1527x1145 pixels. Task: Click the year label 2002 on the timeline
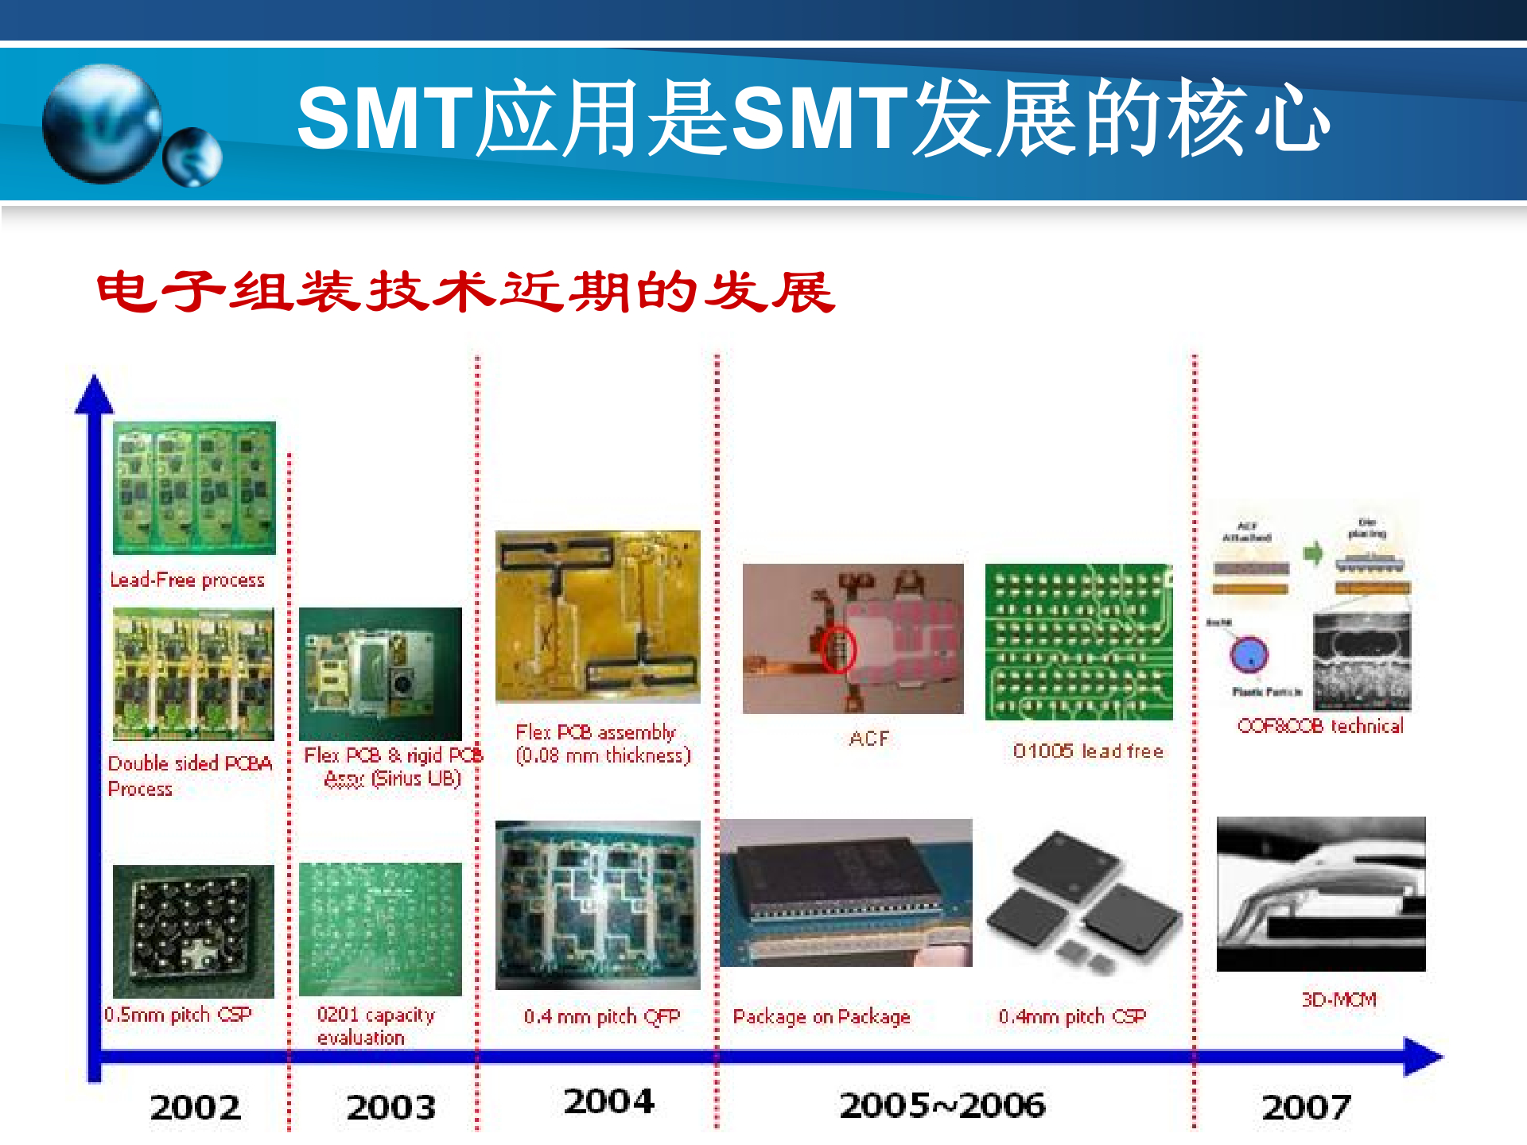[x=195, y=1107]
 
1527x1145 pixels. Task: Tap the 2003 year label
[x=390, y=1107]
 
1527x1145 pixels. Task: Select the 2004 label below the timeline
[x=608, y=1101]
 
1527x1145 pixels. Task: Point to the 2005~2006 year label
[x=942, y=1105]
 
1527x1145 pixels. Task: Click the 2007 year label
[x=1306, y=1107]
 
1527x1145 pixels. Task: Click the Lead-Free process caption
[x=187, y=580]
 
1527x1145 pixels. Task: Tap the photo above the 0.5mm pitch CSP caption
[x=193, y=931]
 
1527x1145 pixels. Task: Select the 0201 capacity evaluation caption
[x=375, y=1026]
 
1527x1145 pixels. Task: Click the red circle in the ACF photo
[x=837, y=649]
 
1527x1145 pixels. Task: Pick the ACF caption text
[x=868, y=739]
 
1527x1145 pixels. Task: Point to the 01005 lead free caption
[x=1087, y=751]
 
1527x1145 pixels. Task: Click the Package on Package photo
[x=845, y=892]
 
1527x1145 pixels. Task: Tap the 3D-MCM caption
[x=1339, y=999]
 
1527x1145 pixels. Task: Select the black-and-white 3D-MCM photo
[x=1321, y=894]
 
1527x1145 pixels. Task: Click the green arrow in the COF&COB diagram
[x=1313, y=553]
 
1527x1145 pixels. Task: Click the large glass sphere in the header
[x=101, y=123]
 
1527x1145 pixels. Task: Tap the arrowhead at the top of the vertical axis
[x=95, y=393]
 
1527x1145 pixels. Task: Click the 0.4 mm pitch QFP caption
[x=602, y=1016]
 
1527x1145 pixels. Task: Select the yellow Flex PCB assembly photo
[x=597, y=616]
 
